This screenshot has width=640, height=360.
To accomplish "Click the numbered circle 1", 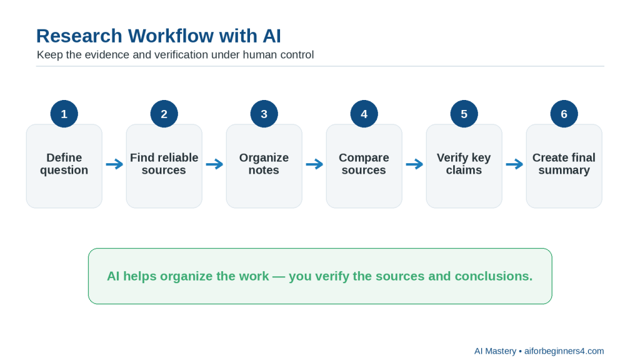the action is tap(64, 114).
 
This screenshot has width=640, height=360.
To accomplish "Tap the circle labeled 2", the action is tap(164, 114).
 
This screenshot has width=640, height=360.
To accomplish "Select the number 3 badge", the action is tap(264, 114).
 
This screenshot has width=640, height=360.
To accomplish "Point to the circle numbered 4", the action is tap(364, 114).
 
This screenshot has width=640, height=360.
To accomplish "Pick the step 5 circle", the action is tap(464, 114).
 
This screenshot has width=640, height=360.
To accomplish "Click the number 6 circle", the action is tap(564, 114).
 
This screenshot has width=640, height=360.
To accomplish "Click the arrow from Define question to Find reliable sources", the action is tap(114, 164).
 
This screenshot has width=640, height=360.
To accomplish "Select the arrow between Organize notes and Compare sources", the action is tap(314, 164).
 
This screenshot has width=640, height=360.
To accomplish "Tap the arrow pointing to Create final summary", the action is tap(514, 164).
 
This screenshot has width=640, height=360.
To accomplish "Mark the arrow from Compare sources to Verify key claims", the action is tap(414, 164).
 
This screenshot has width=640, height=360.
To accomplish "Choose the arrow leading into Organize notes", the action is tap(214, 164).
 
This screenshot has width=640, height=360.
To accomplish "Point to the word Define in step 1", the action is tap(64, 157).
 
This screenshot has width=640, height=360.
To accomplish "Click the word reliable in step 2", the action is tap(178, 157).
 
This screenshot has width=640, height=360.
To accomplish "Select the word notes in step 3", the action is tap(264, 170).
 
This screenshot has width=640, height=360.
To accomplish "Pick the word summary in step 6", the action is tap(564, 171).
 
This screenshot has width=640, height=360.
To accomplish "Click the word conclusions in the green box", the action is tap(494, 276).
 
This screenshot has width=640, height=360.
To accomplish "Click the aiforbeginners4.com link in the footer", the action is tap(564, 351).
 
